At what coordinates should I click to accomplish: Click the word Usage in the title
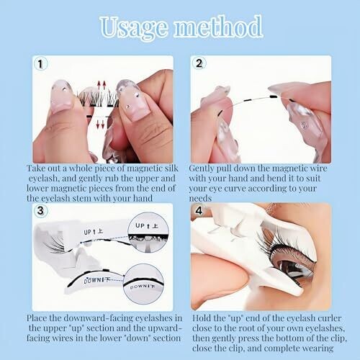tap(134, 27)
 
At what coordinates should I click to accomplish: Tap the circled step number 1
tap(40, 64)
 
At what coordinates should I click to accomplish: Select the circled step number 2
tap(199, 63)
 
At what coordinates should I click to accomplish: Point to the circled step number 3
tap(40, 210)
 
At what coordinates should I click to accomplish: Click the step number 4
tap(199, 211)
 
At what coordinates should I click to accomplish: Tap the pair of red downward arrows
tap(101, 123)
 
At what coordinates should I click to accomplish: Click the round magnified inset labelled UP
tap(148, 233)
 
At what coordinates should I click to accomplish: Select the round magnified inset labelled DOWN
tap(144, 284)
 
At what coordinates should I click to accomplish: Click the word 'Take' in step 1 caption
tap(36, 168)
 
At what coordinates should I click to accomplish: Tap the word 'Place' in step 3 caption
tap(36, 318)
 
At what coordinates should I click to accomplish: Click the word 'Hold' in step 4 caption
tap(202, 318)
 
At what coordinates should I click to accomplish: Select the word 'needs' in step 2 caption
tap(200, 199)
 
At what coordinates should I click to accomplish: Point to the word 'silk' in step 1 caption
tap(171, 168)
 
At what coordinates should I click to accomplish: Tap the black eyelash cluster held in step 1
tap(98, 99)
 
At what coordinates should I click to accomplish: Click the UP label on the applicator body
tap(94, 232)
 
